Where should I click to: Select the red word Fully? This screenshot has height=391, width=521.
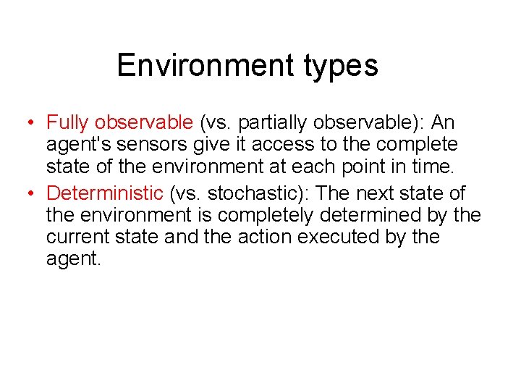point(68,122)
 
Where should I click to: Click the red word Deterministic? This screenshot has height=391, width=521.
point(105,193)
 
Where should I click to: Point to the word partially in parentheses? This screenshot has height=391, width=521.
point(274,122)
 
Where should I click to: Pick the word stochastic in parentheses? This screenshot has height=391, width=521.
point(253,193)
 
